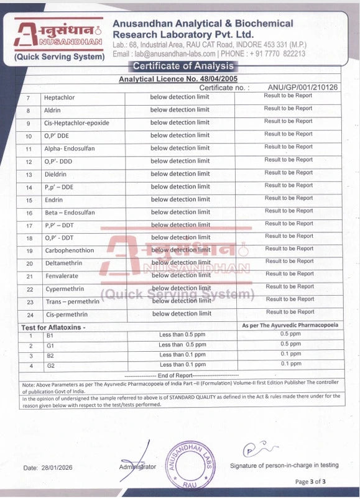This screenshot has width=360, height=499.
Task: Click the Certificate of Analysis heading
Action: [x=180, y=66]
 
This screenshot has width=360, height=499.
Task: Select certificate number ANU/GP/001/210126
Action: [x=303, y=88]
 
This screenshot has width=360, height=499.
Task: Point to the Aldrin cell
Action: [x=52, y=110]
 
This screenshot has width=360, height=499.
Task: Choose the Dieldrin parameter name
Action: [x=56, y=174]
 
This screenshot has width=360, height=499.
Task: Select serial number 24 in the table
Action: [x=29, y=314]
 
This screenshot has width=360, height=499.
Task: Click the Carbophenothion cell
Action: [x=69, y=250]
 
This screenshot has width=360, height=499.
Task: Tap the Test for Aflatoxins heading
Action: [x=53, y=326]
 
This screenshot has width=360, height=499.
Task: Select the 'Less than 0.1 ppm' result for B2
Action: [x=182, y=355]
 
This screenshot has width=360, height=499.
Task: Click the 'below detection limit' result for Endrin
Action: [x=180, y=199]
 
